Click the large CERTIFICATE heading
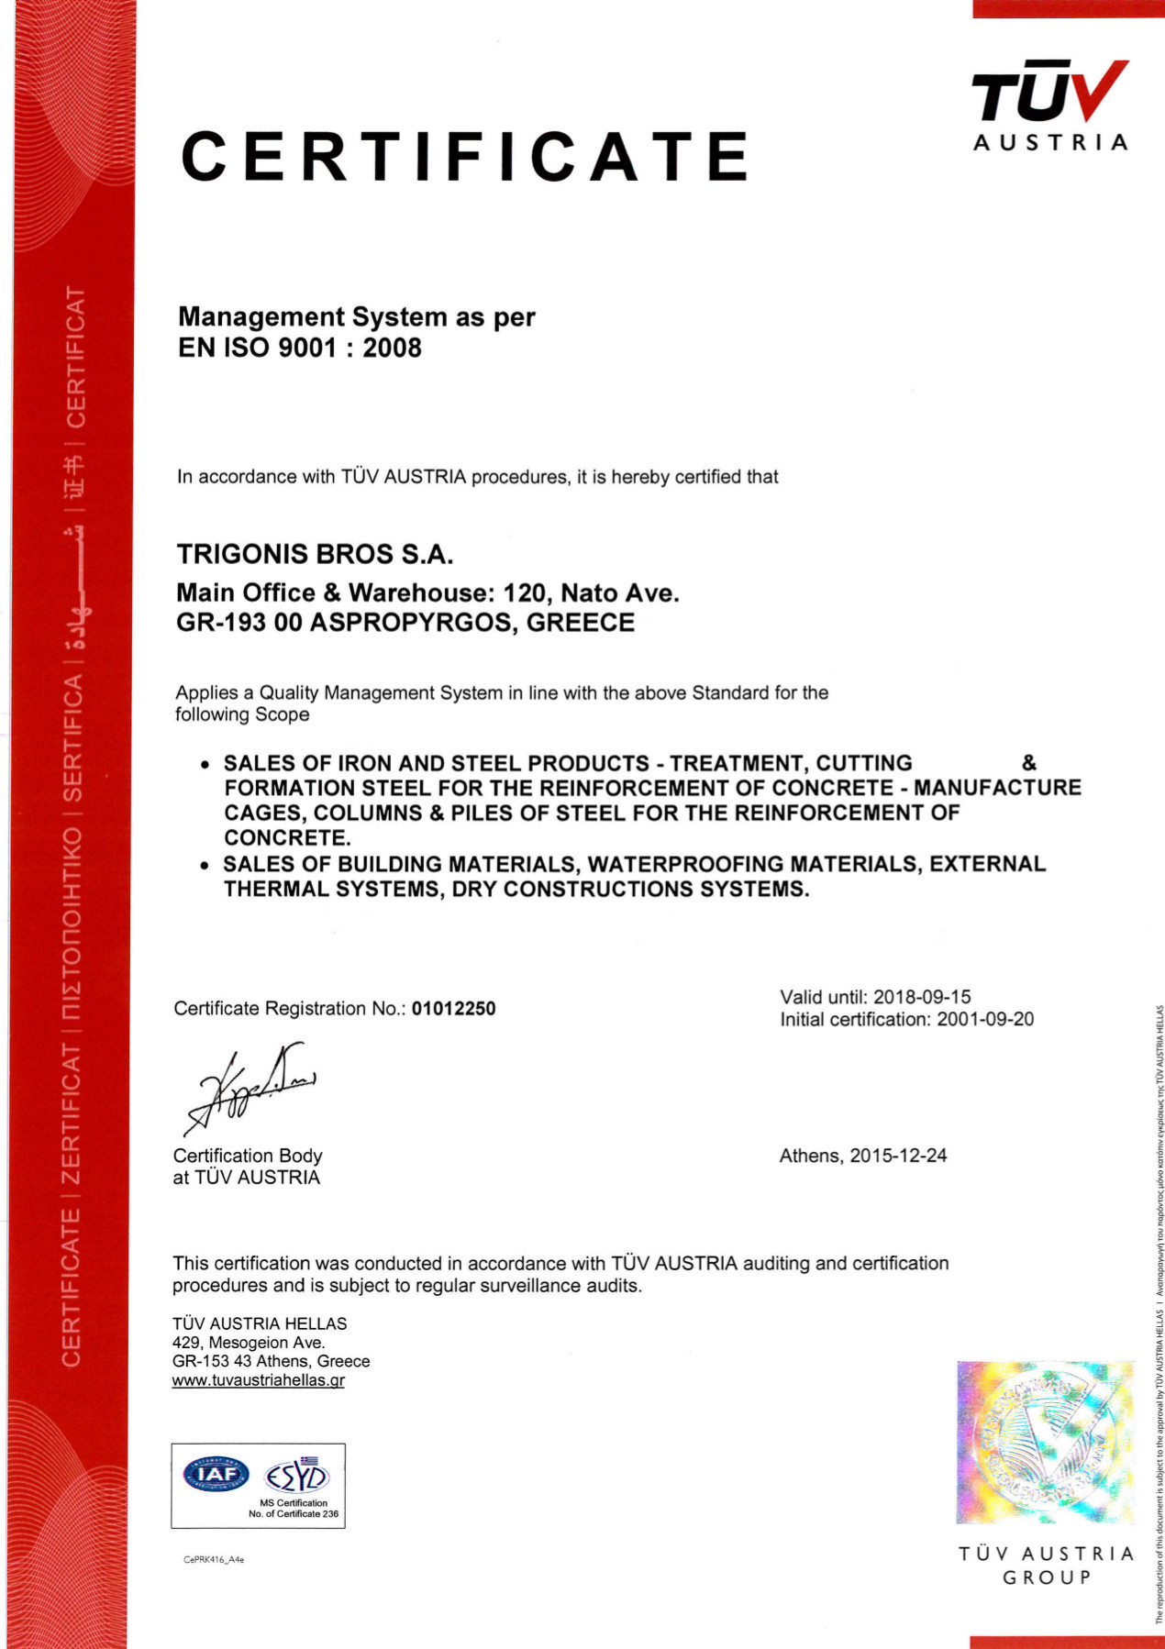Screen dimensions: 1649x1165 click(x=465, y=156)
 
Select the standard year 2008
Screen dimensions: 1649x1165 click(x=392, y=349)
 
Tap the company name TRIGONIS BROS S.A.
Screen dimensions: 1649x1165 click(x=315, y=555)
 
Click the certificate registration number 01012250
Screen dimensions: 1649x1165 click(x=453, y=1009)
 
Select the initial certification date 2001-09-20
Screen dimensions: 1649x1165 click(x=985, y=1019)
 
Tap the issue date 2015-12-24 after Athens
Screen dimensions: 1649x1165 click(x=898, y=1156)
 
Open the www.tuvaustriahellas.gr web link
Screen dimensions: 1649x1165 click(x=259, y=1380)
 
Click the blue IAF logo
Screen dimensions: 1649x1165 click(x=216, y=1474)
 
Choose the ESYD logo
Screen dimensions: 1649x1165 click(x=296, y=1476)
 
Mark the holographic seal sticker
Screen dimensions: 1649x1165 click(x=1045, y=1442)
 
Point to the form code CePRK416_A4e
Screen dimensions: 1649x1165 click(x=214, y=1559)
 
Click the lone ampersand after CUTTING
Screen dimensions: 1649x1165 click(x=1029, y=763)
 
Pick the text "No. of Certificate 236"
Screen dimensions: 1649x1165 click(x=294, y=1514)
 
